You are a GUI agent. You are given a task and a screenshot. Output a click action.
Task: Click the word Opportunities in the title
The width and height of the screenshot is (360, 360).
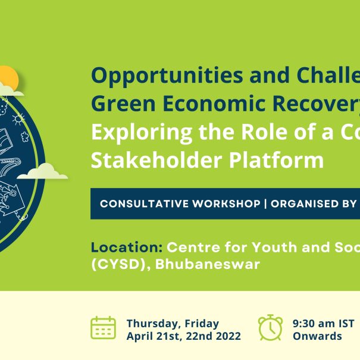[167, 76]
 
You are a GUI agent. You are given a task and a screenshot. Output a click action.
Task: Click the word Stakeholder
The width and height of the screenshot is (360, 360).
[156, 160]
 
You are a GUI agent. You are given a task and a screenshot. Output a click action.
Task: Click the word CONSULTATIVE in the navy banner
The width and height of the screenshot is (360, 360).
[144, 204]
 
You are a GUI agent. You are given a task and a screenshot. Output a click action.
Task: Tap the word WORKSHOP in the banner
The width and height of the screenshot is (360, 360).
[226, 204]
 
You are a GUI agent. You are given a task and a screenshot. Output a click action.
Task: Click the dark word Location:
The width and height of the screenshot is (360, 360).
[127, 248]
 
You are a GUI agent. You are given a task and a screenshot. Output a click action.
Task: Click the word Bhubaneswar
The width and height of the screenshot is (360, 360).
[208, 264]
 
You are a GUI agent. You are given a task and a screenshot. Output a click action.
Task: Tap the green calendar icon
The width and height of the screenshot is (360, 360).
[104, 328]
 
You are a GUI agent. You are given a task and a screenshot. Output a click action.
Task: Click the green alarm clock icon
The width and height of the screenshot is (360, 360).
[271, 327]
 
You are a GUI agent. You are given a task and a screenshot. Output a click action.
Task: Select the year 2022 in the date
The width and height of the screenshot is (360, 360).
[228, 336]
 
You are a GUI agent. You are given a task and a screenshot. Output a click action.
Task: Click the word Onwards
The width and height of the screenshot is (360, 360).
[317, 336]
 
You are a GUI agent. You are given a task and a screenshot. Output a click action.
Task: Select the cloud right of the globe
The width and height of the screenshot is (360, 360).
[42, 171]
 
